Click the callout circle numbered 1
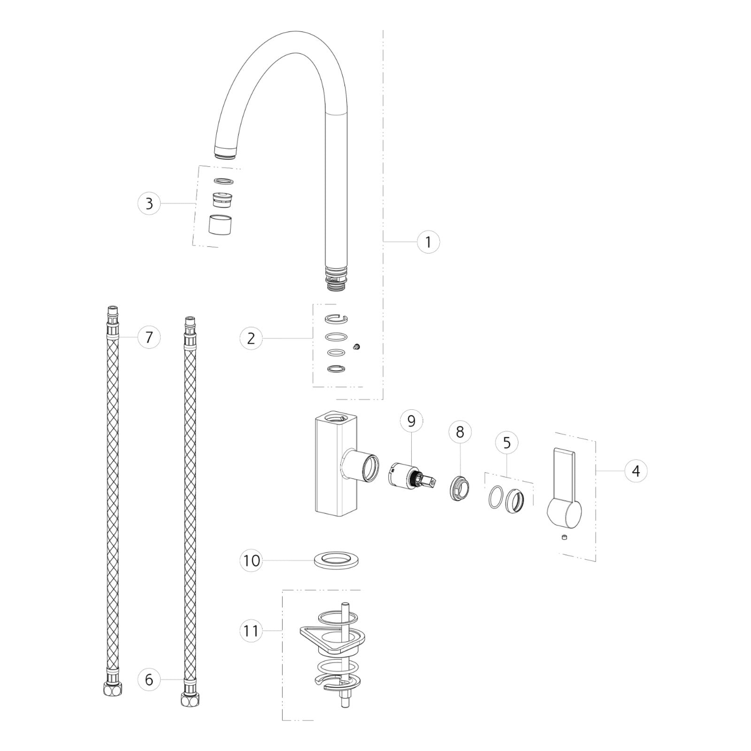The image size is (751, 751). (x=429, y=242)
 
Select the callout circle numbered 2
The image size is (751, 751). (x=251, y=338)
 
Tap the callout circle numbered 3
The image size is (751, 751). (x=149, y=203)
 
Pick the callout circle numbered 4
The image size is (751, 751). (x=636, y=470)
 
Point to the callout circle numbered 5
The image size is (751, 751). (x=507, y=443)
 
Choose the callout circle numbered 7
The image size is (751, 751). (x=149, y=337)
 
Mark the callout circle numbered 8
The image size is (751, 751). (x=460, y=432)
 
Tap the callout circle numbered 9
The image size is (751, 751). (x=412, y=421)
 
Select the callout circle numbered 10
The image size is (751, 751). (x=252, y=560)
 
